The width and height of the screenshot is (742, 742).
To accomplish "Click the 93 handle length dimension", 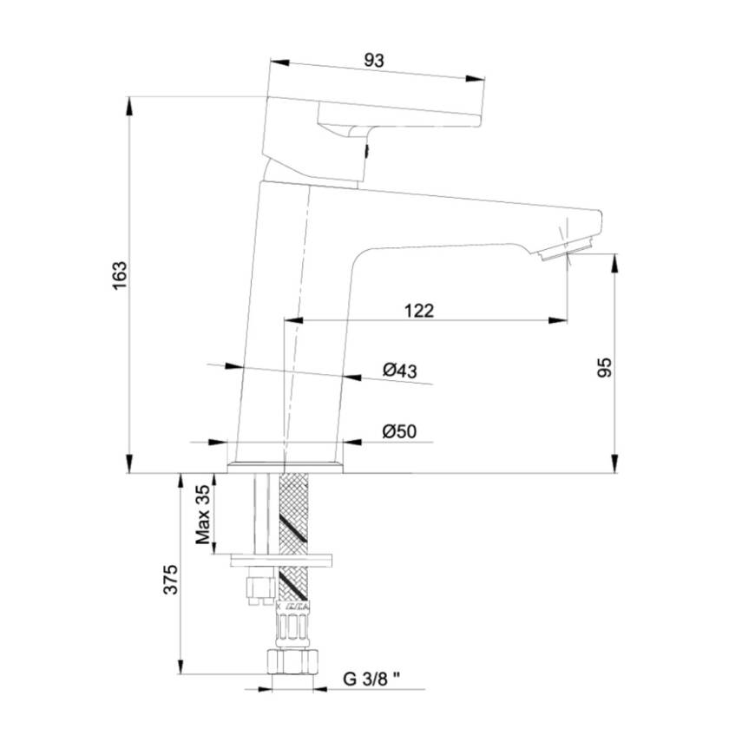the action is pos(374,61).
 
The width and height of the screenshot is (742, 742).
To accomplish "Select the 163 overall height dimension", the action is pos(120,275).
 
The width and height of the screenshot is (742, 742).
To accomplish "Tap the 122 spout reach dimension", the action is pos(419,311).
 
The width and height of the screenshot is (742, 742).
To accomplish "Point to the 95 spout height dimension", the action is pos(604,368).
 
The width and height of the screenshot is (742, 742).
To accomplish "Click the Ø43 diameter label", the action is pos(400,370).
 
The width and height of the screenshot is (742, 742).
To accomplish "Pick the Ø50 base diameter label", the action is pos(399,431).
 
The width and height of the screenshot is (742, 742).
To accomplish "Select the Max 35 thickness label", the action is pos(203,515).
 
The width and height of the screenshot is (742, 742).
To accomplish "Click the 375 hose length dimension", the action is pos(170,579).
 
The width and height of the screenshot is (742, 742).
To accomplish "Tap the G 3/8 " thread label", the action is pos(371,679).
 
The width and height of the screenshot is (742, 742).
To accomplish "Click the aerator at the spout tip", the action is pos(567,248).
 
